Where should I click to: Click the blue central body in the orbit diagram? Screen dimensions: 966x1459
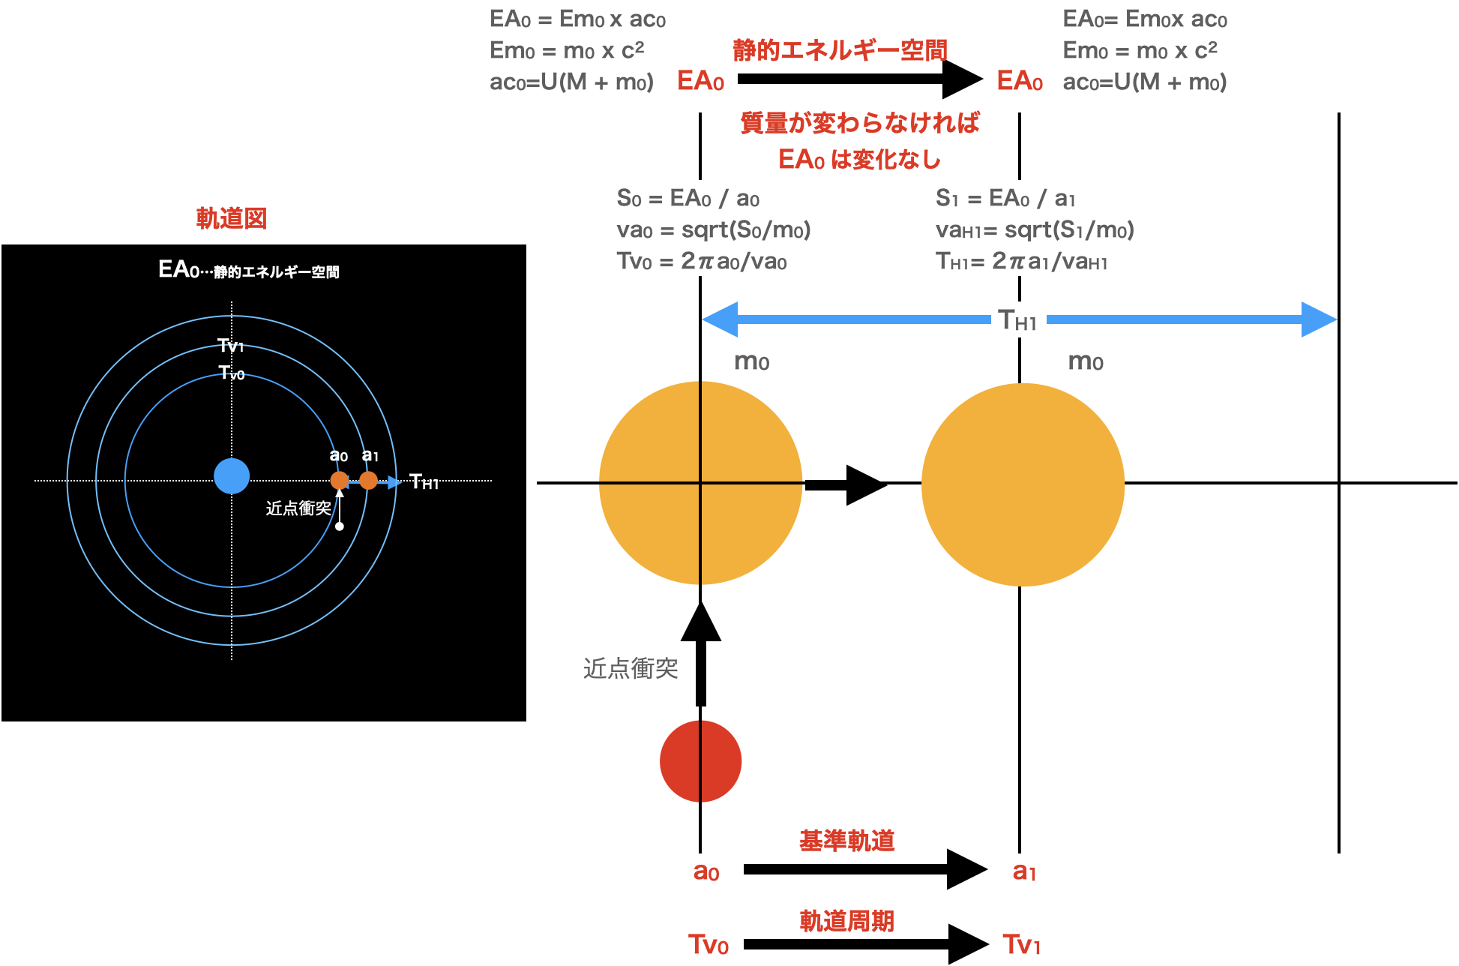coord(232,476)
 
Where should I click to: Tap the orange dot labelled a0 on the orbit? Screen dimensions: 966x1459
coord(340,481)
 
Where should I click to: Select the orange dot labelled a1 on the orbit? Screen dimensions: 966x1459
coord(368,481)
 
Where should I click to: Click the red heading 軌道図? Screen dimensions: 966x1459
coord(231,218)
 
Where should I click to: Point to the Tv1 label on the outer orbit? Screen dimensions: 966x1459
coord(231,346)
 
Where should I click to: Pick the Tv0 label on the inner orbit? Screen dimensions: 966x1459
coord(232,373)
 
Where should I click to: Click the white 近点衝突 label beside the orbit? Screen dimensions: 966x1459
coord(298,508)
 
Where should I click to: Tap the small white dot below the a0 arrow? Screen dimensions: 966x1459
coord(340,526)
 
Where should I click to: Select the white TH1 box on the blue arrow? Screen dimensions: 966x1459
coord(1018,320)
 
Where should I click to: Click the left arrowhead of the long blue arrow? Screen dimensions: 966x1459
coord(720,319)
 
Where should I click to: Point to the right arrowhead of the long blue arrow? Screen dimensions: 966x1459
coord(1319,319)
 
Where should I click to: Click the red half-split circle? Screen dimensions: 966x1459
coord(700,761)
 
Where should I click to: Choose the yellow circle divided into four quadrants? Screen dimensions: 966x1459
coord(700,483)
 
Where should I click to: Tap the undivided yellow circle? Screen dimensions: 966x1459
coord(1023,484)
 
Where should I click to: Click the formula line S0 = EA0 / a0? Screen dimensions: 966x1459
coord(688,199)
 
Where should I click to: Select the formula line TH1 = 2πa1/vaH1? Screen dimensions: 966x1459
coord(1021,261)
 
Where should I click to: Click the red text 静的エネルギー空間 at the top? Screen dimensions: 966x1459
coord(840,50)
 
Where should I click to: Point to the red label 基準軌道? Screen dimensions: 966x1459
coord(847,841)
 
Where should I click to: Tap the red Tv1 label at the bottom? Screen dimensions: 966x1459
coord(1021,944)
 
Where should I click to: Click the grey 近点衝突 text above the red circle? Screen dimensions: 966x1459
coord(631,668)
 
